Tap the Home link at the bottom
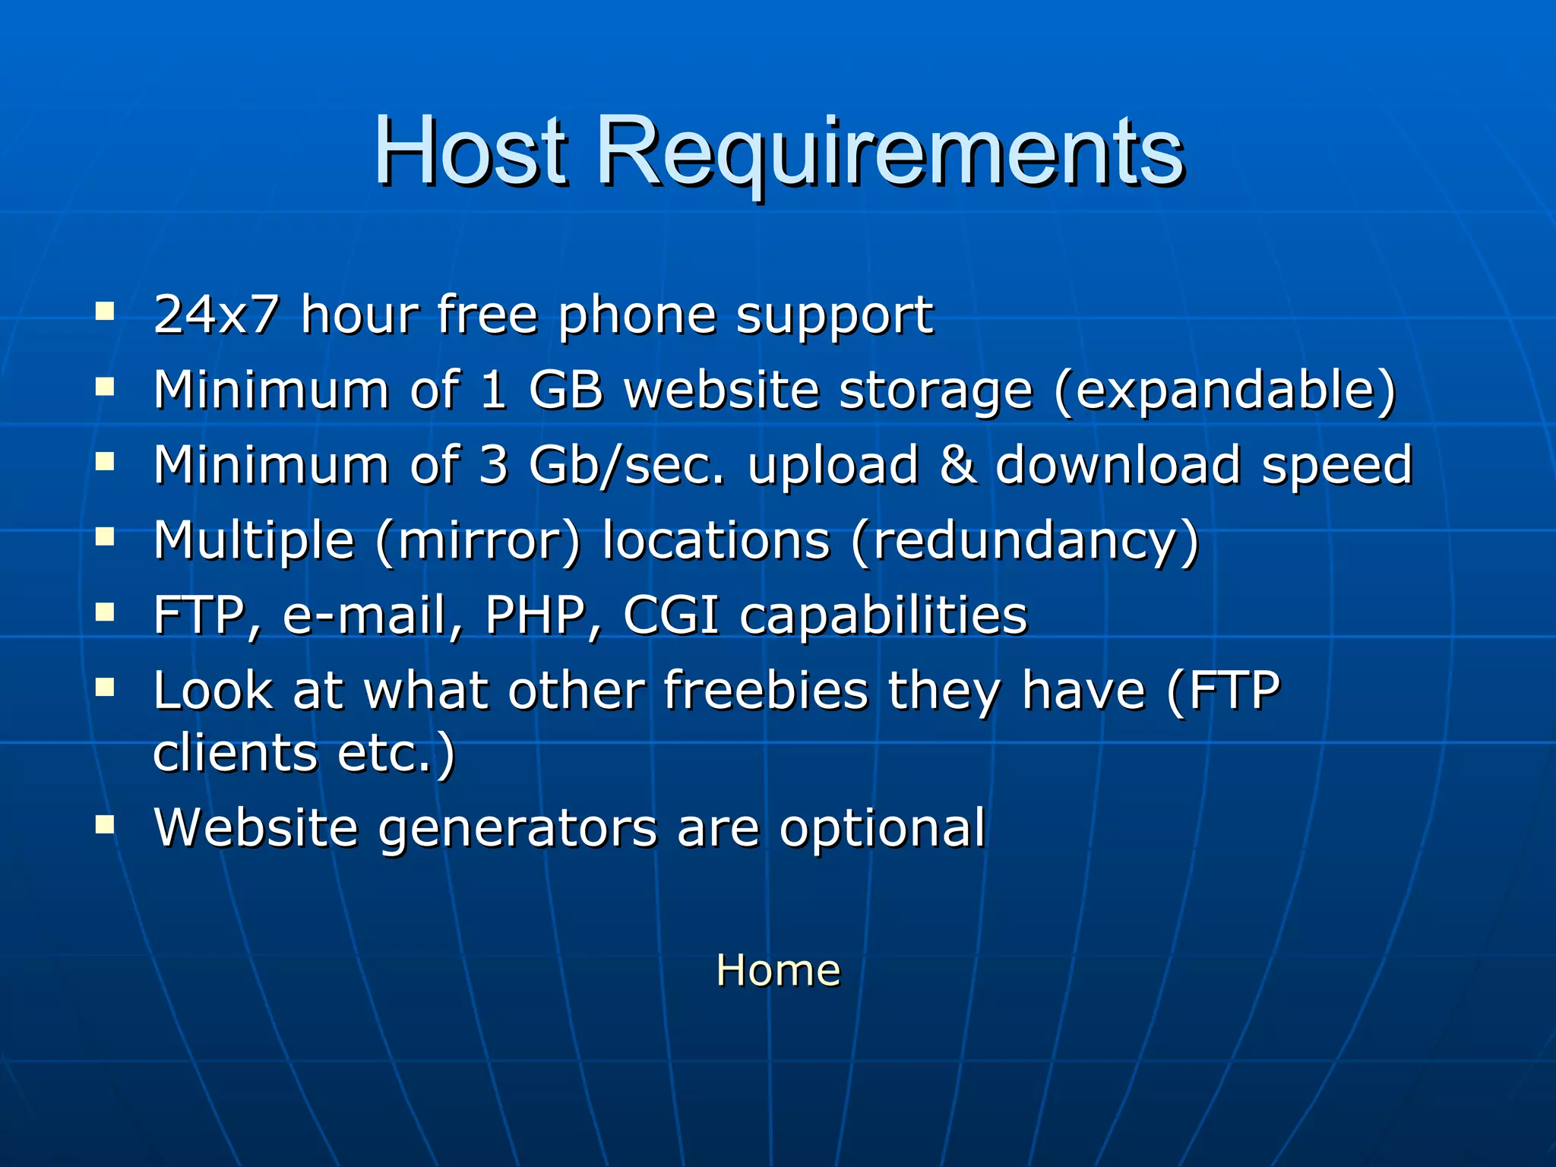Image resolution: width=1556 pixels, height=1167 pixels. pyautogui.click(x=778, y=970)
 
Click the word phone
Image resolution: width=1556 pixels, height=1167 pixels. pyautogui.click(x=637, y=315)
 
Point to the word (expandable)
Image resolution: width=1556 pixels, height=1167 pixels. pyautogui.click(x=1225, y=391)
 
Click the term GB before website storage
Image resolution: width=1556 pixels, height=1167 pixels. pyautogui.click(x=565, y=390)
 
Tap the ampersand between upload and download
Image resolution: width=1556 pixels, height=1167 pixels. pyautogui.click(x=957, y=465)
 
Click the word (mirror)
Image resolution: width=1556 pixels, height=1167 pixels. pyautogui.click(x=478, y=541)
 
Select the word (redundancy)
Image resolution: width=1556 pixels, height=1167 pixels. pyautogui.click(x=1024, y=541)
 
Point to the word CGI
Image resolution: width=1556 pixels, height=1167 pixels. pyautogui.click(x=671, y=615)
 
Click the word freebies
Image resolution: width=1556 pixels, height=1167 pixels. pyautogui.click(x=766, y=691)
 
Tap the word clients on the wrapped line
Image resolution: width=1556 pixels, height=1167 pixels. pyautogui.click(x=235, y=753)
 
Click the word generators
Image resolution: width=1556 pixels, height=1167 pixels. pyautogui.click(x=517, y=827)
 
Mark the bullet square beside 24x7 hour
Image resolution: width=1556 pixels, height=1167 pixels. pyautogui.click(x=105, y=312)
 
